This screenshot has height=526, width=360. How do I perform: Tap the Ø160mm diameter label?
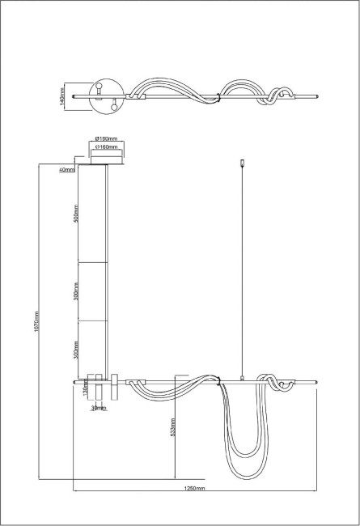coord(108,148)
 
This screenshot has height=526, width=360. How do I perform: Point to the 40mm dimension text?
coord(66,170)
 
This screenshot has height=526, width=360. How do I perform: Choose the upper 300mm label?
coord(75,291)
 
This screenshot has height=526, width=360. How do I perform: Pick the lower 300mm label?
coord(75,350)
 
